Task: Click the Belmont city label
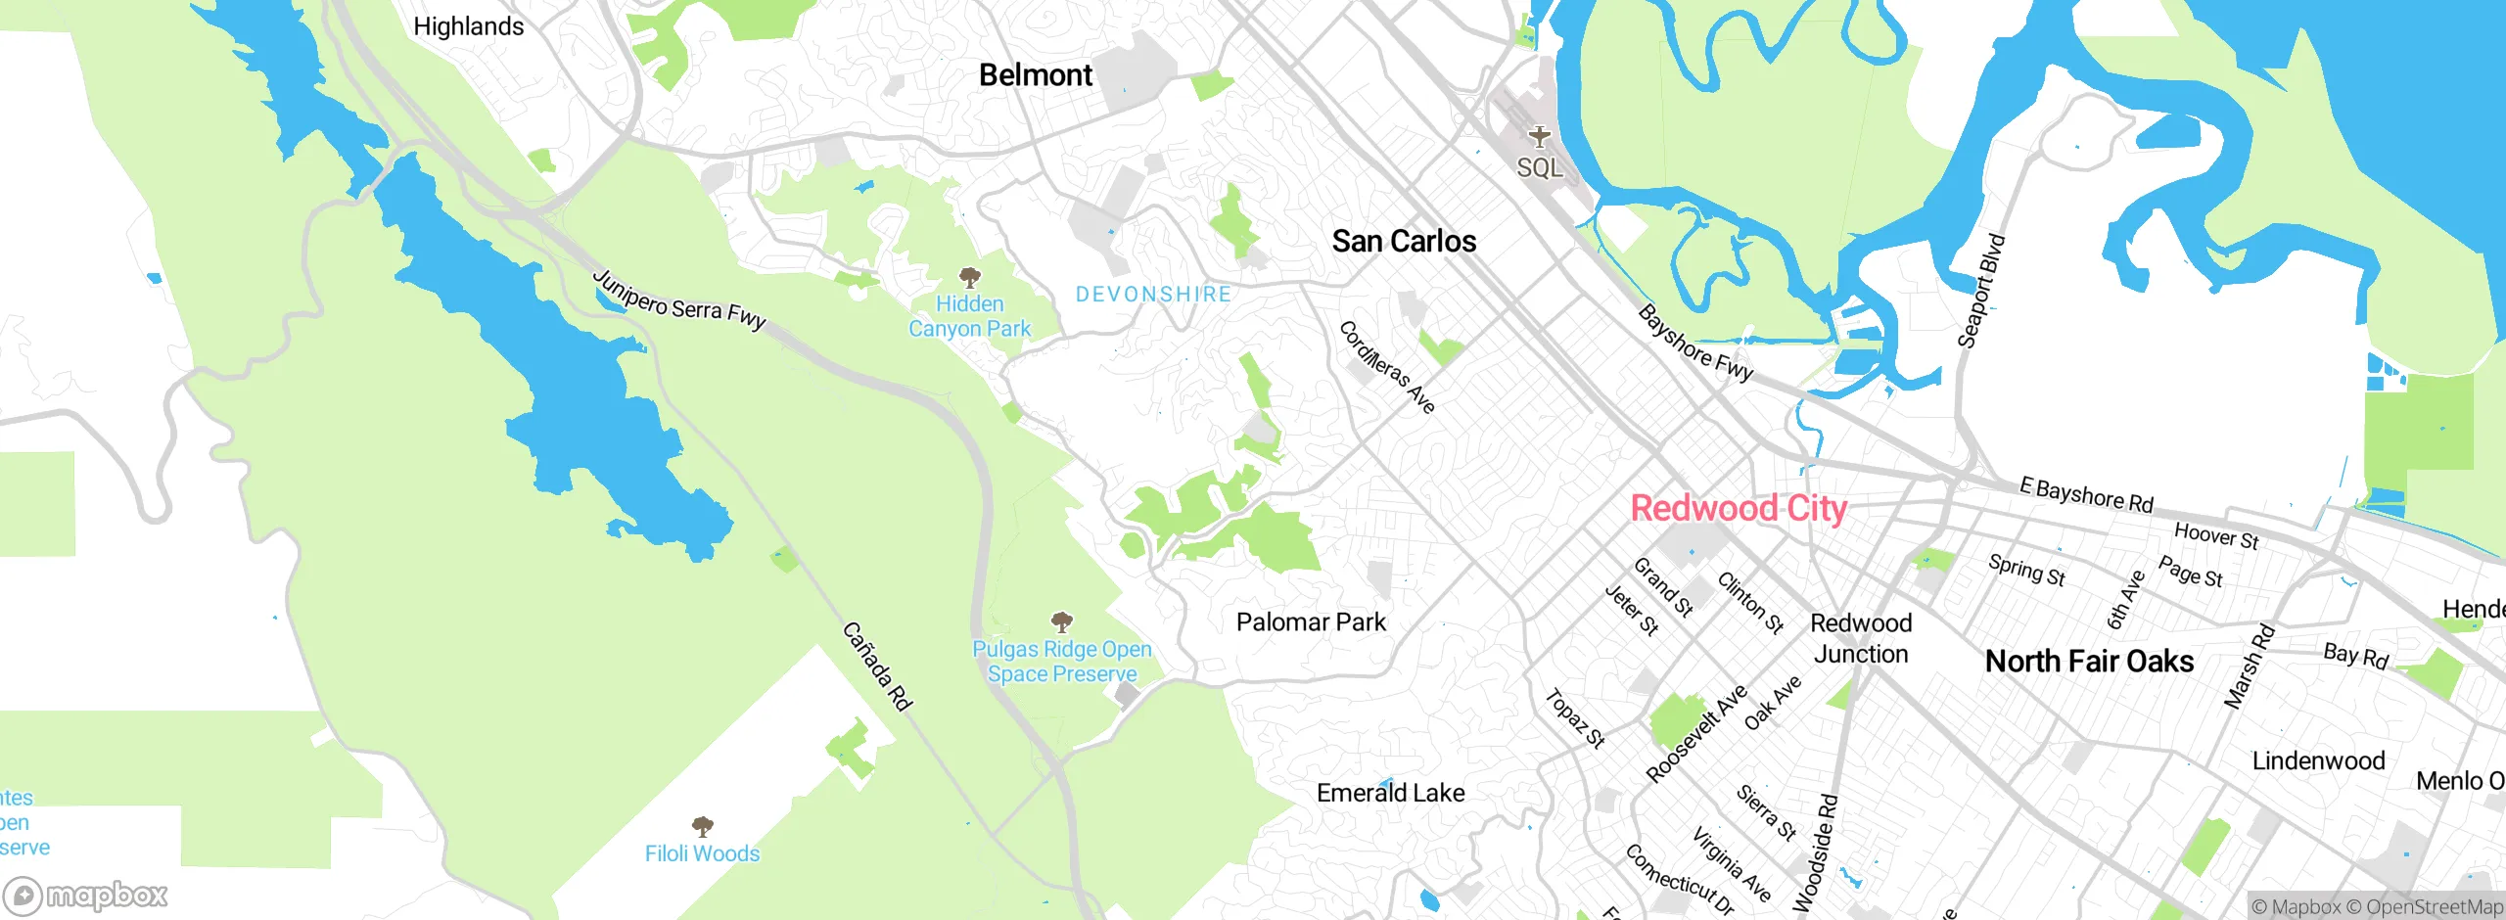click(1035, 75)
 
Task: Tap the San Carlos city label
click(1403, 242)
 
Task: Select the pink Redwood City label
click(1739, 509)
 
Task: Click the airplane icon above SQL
click(1540, 136)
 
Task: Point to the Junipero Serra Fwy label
click(679, 300)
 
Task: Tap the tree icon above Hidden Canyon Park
click(969, 277)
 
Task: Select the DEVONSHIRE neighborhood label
click(1153, 295)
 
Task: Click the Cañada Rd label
click(877, 667)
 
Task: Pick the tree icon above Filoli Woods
click(702, 826)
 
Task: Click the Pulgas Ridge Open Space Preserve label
click(1062, 662)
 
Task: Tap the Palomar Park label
click(1311, 622)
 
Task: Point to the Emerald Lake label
click(1390, 793)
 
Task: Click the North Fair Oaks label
click(2089, 662)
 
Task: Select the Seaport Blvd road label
click(1981, 292)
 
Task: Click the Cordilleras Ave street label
click(1386, 367)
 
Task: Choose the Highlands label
click(468, 26)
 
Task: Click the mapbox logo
click(86, 896)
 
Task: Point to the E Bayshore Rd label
click(2086, 495)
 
